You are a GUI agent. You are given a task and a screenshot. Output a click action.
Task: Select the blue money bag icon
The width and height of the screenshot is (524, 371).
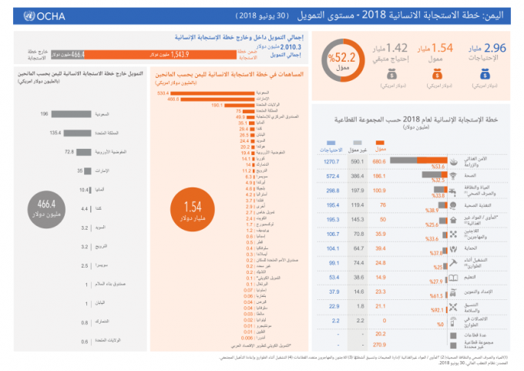pyautogui.click(x=486, y=75)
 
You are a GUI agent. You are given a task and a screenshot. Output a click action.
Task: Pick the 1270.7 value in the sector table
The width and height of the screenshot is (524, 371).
pyautogui.click(x=332, y=162)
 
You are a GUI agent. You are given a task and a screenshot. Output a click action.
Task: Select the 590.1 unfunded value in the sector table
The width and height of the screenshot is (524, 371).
pyautogui.click(x=357, y=162)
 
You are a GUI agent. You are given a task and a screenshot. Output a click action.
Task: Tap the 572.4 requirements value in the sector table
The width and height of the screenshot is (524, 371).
pyautogui.click(x=332, y=176)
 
